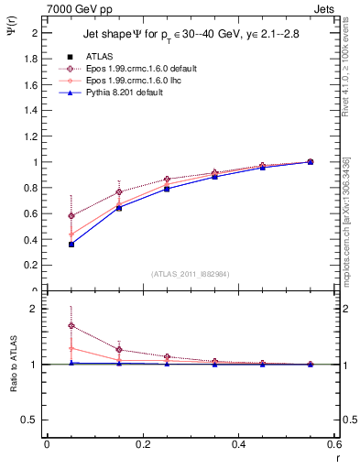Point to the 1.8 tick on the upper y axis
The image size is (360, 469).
(33, 59)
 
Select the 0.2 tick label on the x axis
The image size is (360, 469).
(142, 444)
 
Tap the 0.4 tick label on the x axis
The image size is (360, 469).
(238, 444)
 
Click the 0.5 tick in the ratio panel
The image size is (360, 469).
(33, 420)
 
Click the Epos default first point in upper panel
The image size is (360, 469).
(46, 216)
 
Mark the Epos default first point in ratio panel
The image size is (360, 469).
(46, 325)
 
